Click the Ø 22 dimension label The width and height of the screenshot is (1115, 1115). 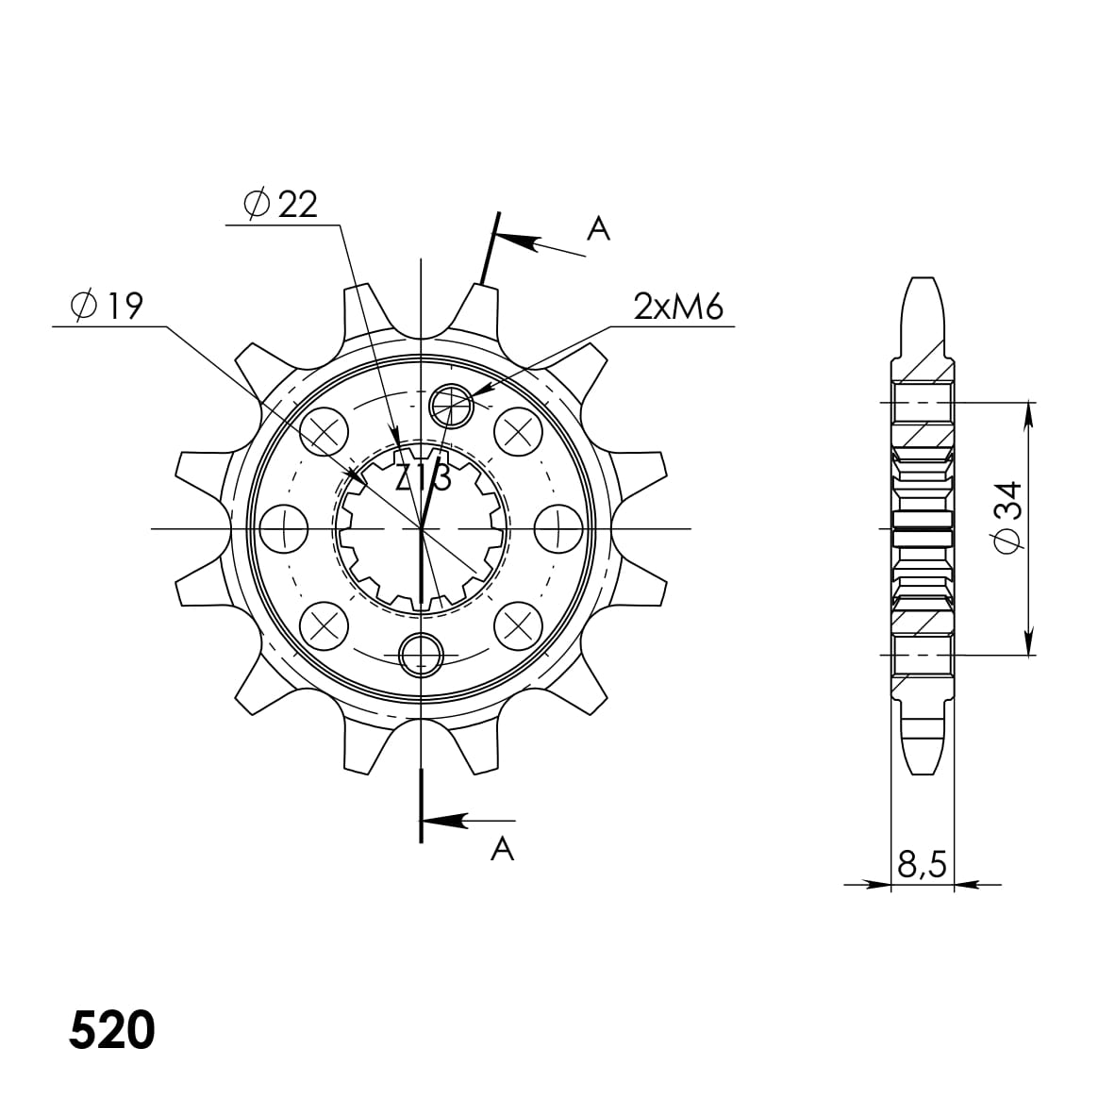tap(280, 205)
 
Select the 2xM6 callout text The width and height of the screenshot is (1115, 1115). tap(678, 307)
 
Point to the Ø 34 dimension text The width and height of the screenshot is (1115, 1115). tap(1007, 516)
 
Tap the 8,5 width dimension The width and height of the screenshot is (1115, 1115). tap(922, 864)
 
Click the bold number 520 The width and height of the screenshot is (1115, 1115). tap(111, 1031)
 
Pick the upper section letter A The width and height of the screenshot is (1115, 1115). tap(598, 227)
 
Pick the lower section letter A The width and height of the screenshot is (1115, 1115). tap(503, 849)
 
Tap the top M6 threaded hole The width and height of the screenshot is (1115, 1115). tap(451, 407)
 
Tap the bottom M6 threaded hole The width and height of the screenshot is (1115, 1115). tap(422, 653)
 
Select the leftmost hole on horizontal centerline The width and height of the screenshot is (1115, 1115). tap(283, 528)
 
